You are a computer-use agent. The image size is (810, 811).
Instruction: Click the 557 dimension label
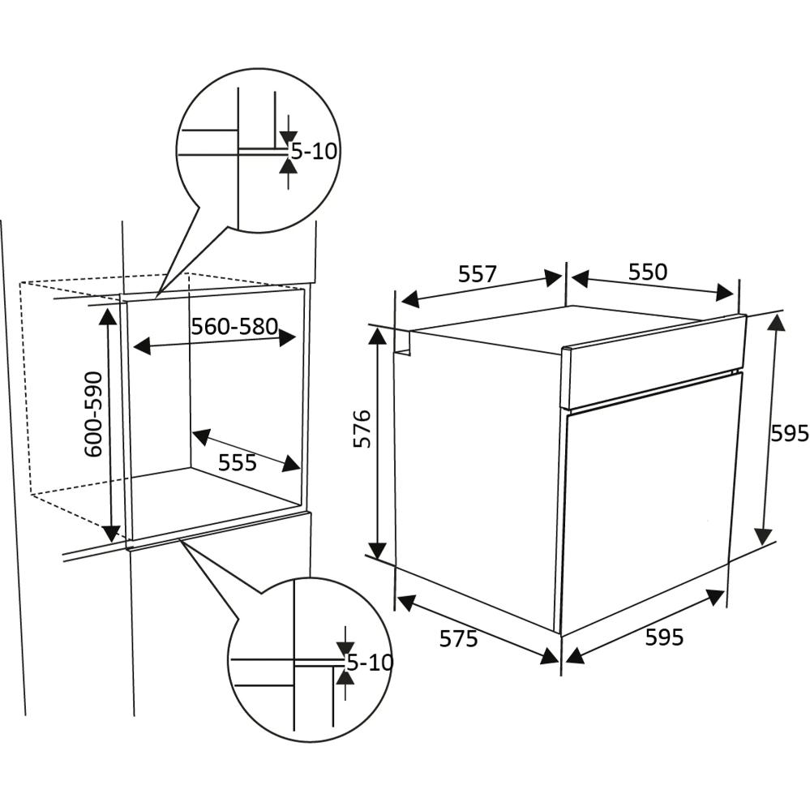(478, 275)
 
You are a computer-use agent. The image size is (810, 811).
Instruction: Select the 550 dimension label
(648, 272)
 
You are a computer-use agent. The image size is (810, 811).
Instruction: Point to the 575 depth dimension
(458, 639)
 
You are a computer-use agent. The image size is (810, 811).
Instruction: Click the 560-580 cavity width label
(235, 326)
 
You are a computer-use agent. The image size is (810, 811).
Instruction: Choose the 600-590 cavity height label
(93, 414)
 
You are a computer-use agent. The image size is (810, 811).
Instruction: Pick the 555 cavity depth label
(238, 462)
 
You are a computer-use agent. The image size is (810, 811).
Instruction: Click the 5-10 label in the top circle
(314, 151)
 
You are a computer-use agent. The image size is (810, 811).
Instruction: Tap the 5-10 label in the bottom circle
(370, 662)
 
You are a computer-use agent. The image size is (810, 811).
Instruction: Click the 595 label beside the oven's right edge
(790, 433)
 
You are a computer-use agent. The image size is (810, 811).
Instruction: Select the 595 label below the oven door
(664, 637)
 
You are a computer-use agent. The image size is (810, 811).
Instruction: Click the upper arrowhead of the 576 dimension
(378, 337)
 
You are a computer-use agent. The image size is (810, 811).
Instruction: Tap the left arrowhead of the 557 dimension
(410, 299)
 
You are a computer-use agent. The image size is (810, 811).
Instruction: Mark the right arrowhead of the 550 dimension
(725, 293)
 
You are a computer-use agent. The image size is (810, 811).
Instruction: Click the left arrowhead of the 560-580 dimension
(142, 346)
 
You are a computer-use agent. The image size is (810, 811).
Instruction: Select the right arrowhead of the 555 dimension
(291, 463)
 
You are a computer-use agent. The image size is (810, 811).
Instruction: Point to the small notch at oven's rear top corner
(402, 342)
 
